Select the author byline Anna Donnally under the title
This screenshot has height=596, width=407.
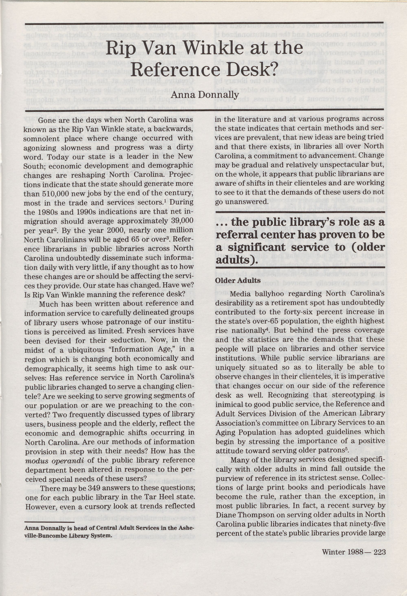pos(205,95)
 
